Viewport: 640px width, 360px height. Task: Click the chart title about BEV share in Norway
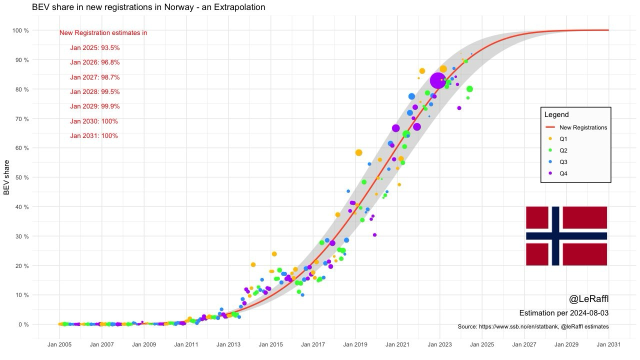tap(148, 7)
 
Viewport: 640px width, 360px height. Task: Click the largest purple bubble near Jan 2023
tap(437, 80)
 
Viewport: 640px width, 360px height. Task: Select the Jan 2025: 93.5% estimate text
tap(95, 48)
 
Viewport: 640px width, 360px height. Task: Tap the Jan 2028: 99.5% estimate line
tap(95, 92)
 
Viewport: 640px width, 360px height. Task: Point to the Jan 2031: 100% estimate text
tap(94, 136)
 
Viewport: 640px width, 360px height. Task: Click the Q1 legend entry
tap(563, 139)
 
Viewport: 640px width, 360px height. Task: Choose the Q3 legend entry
tap(563, 162)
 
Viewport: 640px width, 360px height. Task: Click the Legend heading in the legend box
tap(556, 114)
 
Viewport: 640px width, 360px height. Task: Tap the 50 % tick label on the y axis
tap(20, 177)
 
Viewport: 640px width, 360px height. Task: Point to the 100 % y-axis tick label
tap(20, 30)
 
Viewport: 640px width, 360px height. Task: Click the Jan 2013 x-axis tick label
tap(228, 344)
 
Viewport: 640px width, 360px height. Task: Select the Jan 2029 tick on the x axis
tap(566, 344)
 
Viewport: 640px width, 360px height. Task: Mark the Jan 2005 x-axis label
tap(59, 344)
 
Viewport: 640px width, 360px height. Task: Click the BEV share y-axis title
tap(7, 177)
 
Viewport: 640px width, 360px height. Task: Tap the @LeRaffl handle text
tap(588, 299)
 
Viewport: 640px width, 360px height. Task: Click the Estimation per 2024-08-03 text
tap(563, 313)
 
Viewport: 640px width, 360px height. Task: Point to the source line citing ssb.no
tap(533, 326)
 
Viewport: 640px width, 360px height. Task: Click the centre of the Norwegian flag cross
tap(556, 235)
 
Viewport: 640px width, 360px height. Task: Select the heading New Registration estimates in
tap(103, 33)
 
